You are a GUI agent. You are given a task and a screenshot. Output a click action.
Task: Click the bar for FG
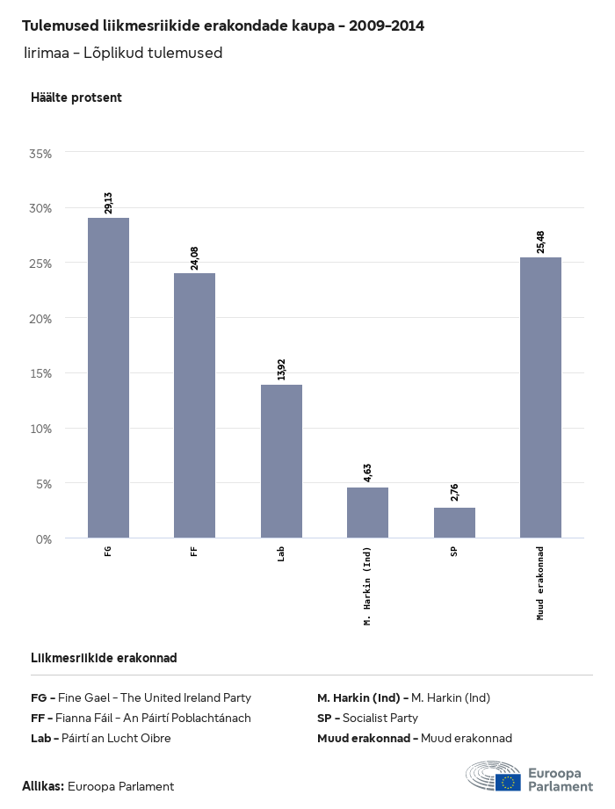(108, 378)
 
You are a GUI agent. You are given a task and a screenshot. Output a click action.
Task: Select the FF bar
(194, 405)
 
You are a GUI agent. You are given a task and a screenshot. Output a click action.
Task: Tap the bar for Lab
(281, 461)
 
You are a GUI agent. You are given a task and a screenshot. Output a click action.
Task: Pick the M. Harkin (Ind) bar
(367, 512)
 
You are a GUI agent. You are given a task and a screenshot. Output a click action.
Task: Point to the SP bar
(454, 523)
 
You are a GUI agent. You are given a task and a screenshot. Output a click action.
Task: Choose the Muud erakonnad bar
(540, 397)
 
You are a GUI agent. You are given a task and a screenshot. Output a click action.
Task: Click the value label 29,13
(108, 203)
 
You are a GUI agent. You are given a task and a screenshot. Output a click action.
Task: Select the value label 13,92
(281, 370)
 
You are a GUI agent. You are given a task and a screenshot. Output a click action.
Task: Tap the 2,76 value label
(454, 493)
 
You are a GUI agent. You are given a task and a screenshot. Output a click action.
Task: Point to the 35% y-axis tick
(40, 154)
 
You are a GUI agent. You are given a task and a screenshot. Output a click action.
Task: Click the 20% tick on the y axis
(40, 319)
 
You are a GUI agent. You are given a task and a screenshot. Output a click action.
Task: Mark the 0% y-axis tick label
(44, 538)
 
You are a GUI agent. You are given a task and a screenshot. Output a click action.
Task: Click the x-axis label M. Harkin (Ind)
(367, 586)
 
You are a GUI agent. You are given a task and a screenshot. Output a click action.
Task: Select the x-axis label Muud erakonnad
(540, 582)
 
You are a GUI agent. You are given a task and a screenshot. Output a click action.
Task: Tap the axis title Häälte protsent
(76, 98)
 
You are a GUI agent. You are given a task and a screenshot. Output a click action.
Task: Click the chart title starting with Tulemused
(222, 26)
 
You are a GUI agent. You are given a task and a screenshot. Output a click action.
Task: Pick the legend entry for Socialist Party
(367, 719)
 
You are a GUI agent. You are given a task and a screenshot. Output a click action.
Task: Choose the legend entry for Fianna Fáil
(141, 719)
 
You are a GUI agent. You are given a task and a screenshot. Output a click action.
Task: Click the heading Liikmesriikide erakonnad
(104, 658)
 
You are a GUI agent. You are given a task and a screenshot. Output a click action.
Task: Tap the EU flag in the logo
(508, 782)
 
